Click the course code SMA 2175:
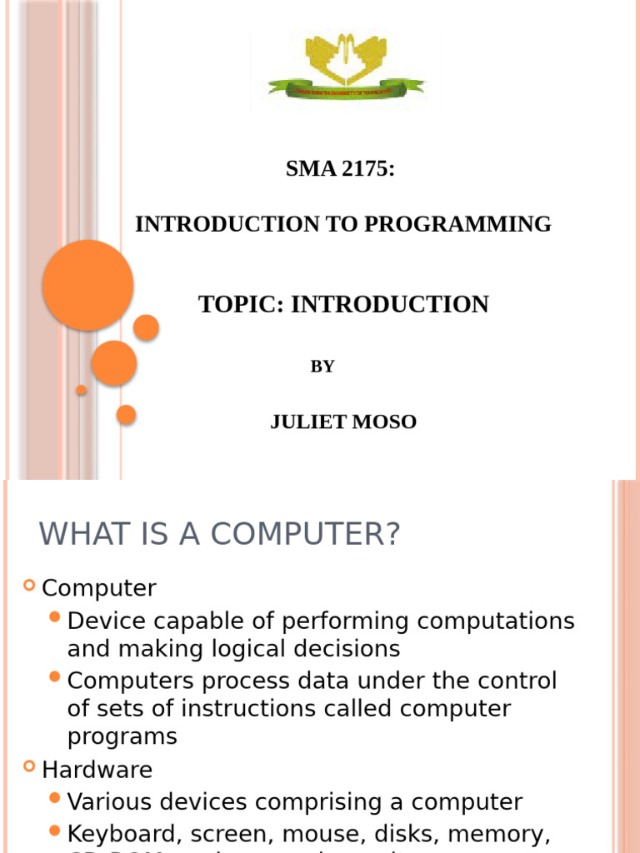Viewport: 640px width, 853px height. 340,169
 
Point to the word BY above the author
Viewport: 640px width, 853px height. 322,367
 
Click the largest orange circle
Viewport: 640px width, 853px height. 87,285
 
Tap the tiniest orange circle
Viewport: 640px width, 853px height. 81,390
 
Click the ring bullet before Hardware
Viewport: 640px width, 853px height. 29,767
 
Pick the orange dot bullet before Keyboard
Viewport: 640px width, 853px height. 55,831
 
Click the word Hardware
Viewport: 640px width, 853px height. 97,769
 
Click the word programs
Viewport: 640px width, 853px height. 122,737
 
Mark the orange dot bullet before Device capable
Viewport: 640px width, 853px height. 55,617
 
